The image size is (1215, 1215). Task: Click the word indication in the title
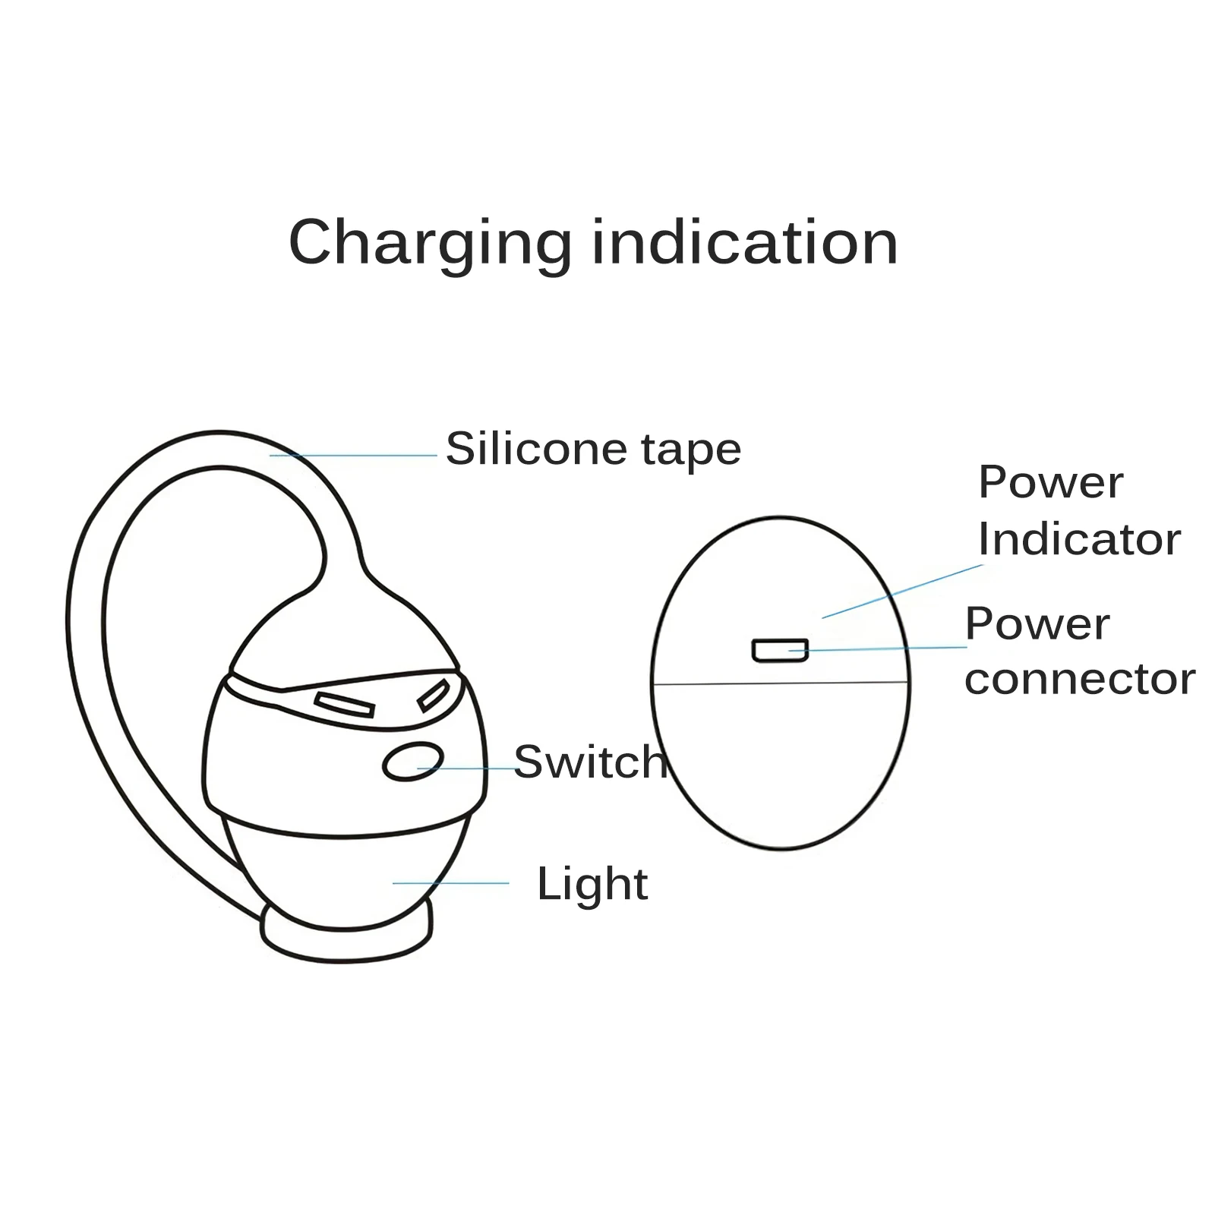click(x=745, y=243)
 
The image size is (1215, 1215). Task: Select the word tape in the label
click(x=691, y=450)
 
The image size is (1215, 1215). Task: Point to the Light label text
click(x=592, y=883)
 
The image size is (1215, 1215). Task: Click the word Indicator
click(x=1078, y=539)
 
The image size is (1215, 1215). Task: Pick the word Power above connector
click(x=1037, y=624)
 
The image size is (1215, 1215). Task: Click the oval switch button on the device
click(x=413, y=761)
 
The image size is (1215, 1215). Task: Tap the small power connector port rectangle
click(x=779, y=651)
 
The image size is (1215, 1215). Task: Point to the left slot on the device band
click(x=345, y=704)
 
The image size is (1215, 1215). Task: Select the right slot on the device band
click(x=433, y=695)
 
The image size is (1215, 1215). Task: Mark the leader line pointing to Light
click(x=451, y=883)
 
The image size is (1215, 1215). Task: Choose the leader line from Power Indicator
click(x=904, y=591)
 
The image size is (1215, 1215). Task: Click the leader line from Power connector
click(x=881, y=649)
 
